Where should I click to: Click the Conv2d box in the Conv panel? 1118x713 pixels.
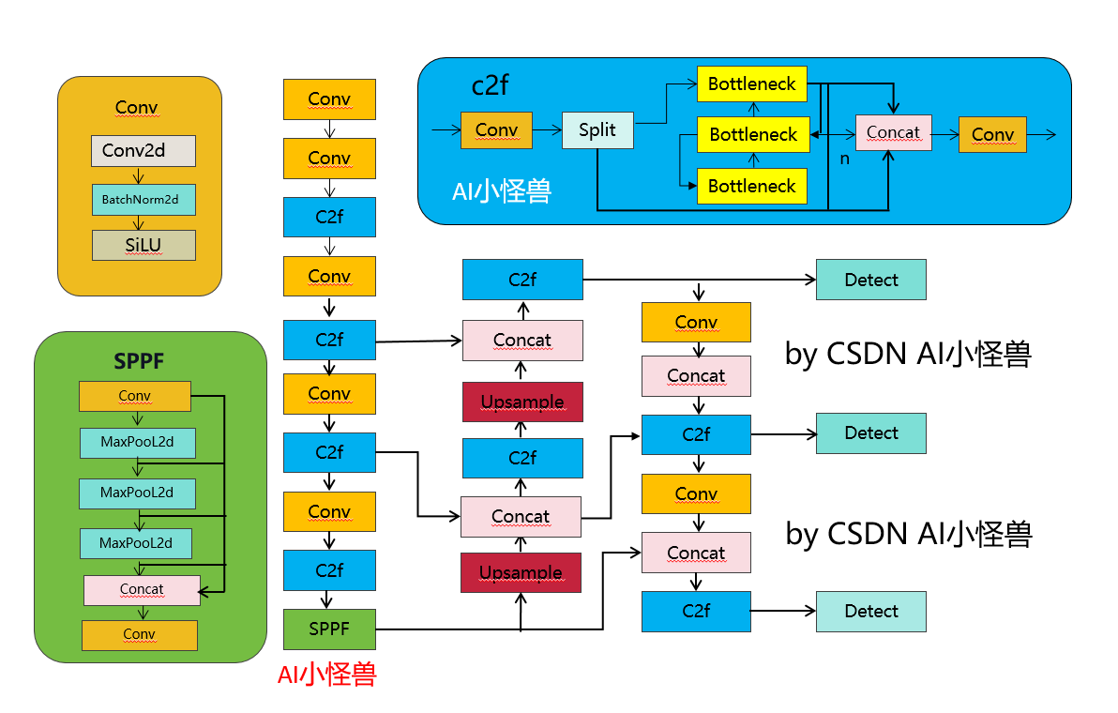click(144, 150)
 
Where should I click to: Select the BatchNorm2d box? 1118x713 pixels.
click(144, 199)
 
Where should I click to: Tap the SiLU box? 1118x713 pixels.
click(144, 245)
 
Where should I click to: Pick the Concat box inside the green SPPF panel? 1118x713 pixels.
click(142, 589)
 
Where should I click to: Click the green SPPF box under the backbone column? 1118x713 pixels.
click(329, 629)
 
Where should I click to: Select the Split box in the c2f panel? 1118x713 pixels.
click(597, 129)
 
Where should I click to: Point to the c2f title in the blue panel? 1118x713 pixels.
click(490, 85)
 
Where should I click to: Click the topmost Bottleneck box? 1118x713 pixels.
click(751, 84)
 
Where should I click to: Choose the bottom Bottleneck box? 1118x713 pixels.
click(751, 186)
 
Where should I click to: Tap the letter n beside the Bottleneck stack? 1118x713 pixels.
click(844, 159)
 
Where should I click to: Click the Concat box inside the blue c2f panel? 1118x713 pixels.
click(893, 132)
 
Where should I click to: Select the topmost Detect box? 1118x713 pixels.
click(870, 280)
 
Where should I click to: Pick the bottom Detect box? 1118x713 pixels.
click(870, 611)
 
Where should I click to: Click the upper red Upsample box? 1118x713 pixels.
click(522, 402)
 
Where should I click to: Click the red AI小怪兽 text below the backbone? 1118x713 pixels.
click(326, 674)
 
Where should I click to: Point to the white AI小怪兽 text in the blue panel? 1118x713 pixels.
click(502, 191)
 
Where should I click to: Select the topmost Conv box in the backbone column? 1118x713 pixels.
click(329, 99)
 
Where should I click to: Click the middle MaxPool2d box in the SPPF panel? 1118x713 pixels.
click(137, 493)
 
